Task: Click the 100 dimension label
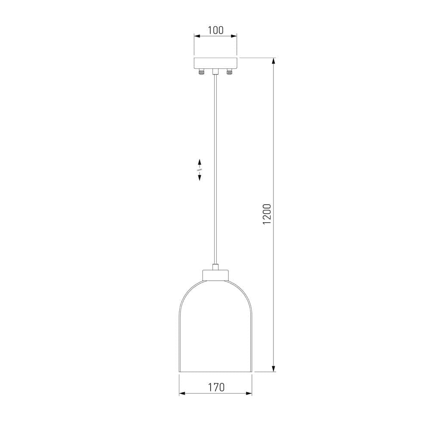click(x=215, y=30)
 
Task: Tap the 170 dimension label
click(x=216, y=387)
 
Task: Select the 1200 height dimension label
click(x=267, y=214)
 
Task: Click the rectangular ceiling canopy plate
click(x=215, y=63)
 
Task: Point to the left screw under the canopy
click(x=202, y=72)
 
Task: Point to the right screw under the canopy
click(x=229, y=72)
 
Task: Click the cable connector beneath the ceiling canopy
click(x=215, y=72)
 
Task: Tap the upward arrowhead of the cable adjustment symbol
click(x=200, y=162)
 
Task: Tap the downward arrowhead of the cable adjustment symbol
click(x=200, y=177)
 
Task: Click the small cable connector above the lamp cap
click(x=215, y=267)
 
